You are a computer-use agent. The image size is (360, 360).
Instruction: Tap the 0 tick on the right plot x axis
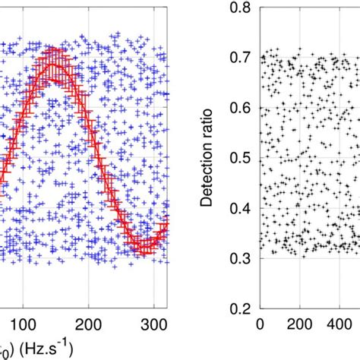[261, 324]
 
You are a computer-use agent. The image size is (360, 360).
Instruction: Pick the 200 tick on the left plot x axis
[90, 324]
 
